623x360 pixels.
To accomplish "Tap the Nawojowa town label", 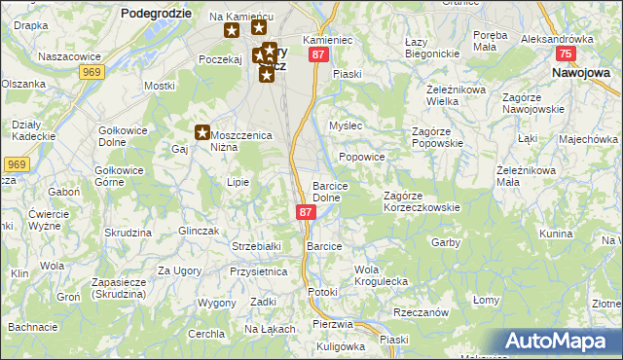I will coord(580,72).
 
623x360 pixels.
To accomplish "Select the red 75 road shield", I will coord(564,55).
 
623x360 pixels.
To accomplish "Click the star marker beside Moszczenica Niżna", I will coord(202,132).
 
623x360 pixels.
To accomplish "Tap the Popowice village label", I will coord(362,157).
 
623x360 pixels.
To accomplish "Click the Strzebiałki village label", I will coord(256,246).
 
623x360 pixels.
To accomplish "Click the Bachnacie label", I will coord(33,326).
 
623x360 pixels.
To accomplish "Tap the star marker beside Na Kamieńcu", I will coord(232,30).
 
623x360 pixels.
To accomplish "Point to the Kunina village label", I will coord(555,234).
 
